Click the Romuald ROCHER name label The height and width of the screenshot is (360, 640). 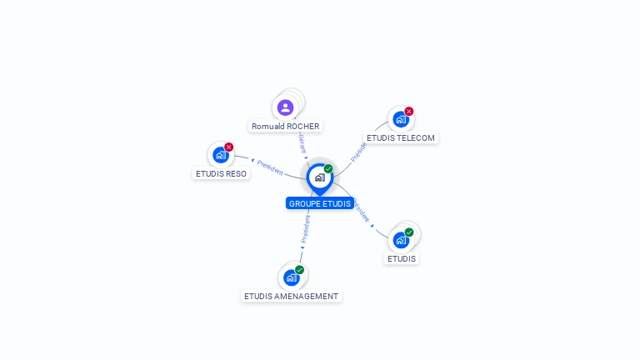286,127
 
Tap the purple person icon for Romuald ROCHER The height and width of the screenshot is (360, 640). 285,107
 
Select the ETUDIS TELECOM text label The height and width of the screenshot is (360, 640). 401,137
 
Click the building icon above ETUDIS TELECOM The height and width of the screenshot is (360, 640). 400,120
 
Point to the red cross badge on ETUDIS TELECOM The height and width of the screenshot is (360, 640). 409,112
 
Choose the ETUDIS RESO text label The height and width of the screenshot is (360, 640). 222,173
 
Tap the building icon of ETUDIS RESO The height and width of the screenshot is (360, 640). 220,155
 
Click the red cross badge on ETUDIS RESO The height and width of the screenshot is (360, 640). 229,147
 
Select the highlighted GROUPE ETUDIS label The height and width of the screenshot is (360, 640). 320,203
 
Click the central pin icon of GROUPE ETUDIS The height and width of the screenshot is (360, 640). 319,177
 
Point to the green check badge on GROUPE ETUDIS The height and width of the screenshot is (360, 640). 328,169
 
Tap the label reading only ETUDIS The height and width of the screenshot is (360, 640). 402,258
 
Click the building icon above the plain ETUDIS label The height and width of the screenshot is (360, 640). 401,241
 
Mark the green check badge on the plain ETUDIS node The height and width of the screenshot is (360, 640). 409,232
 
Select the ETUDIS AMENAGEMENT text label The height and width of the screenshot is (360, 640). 292,296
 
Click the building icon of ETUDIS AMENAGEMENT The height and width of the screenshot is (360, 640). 290,277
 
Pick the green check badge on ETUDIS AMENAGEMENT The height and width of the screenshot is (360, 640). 299,270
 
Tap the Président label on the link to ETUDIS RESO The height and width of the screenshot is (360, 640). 270,166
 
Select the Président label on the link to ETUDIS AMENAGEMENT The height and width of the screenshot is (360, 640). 306,228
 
